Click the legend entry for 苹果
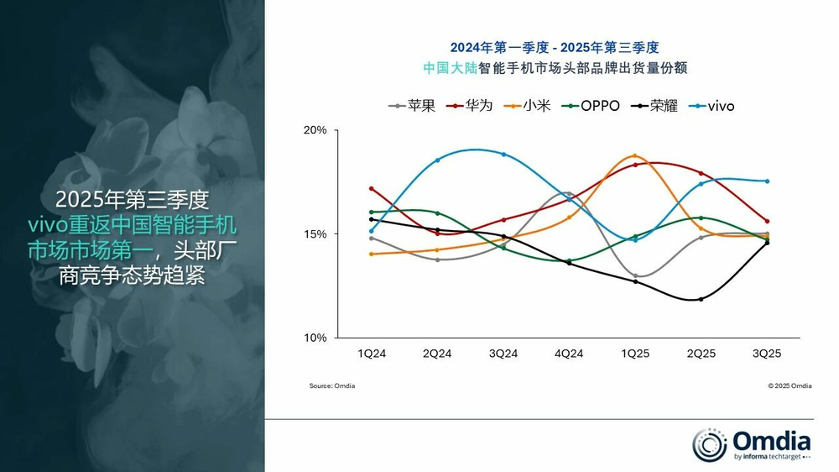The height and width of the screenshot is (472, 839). pyautogui.click(x=411, y=106)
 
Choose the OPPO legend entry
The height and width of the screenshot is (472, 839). pyautogui.click(x=591, y=106)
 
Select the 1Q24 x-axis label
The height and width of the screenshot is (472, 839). pyautogui.click(x=372, y=354)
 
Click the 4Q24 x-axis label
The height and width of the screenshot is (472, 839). pyautogui.click(x=569, y=354)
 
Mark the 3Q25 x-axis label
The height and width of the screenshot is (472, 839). pyautogui.click(x=767, y=354)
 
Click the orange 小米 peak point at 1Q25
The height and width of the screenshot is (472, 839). pyautogui.click(x=635, y=155)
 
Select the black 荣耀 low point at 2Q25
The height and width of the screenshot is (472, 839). pyautogui.click(x=701, y=299)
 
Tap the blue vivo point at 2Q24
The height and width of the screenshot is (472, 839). pyautogui.click(x=437, y=160)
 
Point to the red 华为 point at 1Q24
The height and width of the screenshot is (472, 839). pyautogui.click(x=371, y=188)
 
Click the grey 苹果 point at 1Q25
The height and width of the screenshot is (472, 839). pyautogui.click(x=635, y=275)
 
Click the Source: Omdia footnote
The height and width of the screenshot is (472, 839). pyautogui.click(x=332, y=385)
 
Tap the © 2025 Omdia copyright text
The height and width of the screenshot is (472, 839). pyautogui.click(x=789, y=385)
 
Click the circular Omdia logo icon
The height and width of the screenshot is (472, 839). pyautogui.click(x=709, y=444)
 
